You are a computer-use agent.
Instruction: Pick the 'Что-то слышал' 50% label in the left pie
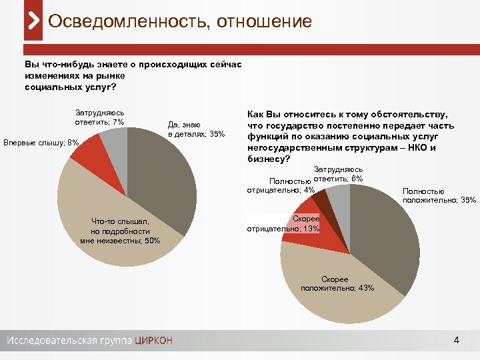(120, 231)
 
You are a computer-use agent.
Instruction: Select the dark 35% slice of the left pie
(163, 180)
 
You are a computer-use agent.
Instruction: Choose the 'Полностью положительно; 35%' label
(439, 196)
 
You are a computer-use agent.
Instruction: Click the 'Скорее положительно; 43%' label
(337, 284)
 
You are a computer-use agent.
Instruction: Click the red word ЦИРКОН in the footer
(153, 341)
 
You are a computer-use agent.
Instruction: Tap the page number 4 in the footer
(456, 341)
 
